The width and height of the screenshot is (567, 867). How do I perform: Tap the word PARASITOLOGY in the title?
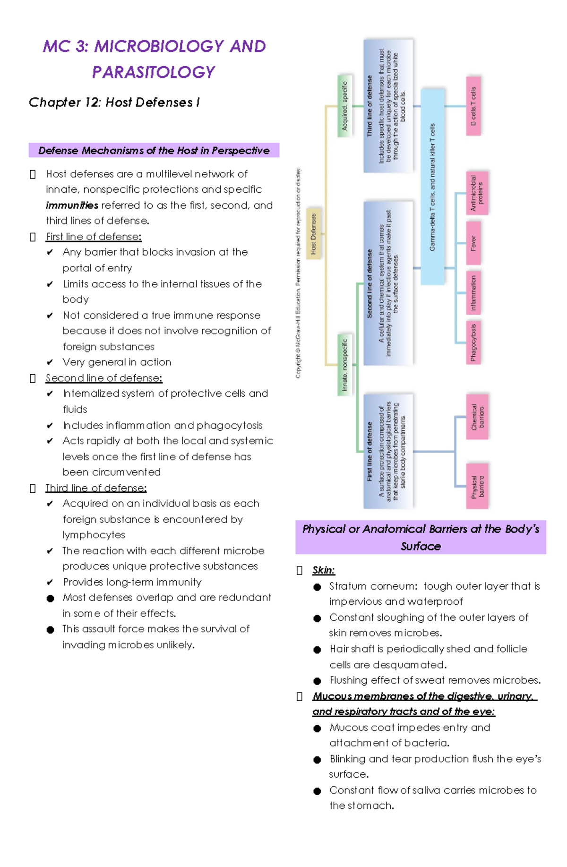coord(154,72)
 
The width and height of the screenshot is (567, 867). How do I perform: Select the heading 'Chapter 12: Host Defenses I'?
coord(114,103)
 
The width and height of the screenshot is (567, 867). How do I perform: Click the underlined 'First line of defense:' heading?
coord(94,237)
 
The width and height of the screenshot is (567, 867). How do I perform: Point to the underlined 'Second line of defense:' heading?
coord(103,378)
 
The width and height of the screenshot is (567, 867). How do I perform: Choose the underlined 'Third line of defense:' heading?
coord(96,488)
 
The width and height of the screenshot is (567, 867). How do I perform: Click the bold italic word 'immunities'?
coord(72,206)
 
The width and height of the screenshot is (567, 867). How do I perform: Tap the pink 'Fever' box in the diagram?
coord(473,243)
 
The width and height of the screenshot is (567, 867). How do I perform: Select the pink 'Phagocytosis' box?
coord(473,342)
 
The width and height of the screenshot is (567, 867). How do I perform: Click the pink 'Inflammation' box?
coord(473,293)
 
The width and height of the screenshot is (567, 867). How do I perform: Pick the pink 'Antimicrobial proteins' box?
coord(477,193)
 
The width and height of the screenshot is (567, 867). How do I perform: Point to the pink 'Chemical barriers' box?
coord(477,416)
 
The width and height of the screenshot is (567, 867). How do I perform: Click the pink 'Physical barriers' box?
coord(477,486)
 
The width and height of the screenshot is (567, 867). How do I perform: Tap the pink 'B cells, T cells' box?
coord(473,106)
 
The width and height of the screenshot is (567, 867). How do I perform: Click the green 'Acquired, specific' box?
coord(344,106)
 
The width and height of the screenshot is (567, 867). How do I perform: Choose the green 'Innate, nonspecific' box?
coord(344,364)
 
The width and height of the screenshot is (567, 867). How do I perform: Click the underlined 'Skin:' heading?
coord(323,570)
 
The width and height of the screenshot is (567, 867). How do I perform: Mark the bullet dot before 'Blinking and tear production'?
coord(317,760)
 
